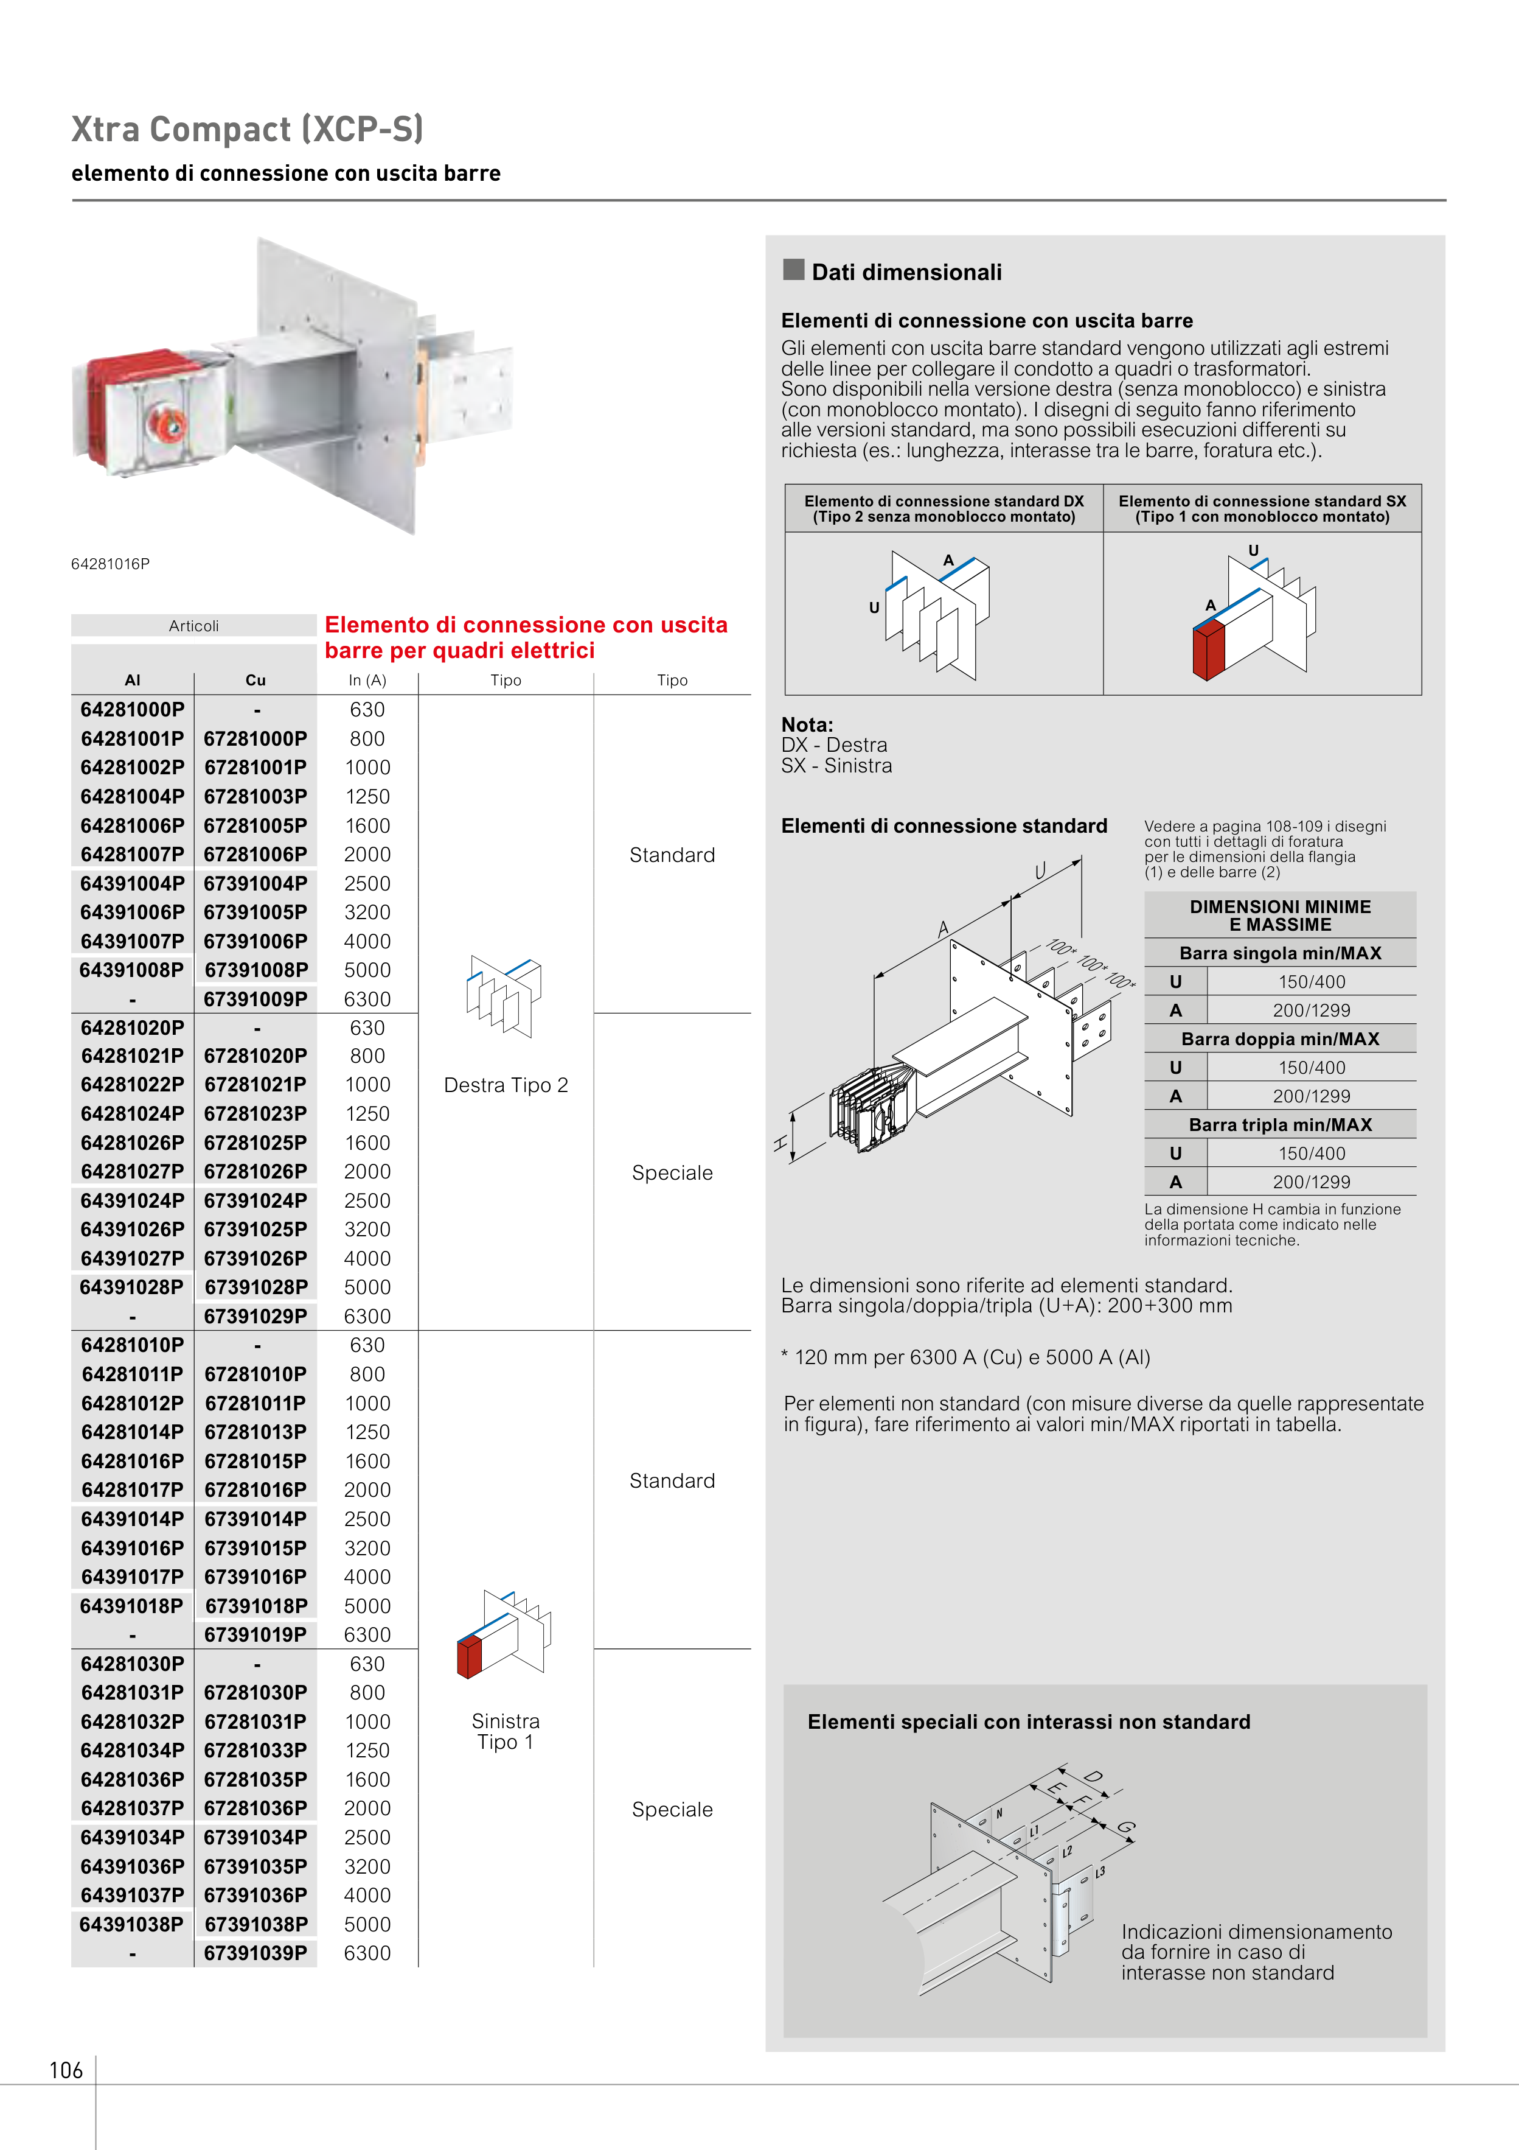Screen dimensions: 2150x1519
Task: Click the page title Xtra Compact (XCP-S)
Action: coord(247,129)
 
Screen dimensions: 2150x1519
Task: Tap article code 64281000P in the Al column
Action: coord(132,710)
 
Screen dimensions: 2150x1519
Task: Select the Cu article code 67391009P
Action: coord(255,999)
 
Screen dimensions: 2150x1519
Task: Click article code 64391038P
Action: coord(132,1924)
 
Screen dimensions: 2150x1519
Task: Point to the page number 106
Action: coord(66,2070)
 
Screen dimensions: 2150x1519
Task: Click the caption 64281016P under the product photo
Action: coord(111,564)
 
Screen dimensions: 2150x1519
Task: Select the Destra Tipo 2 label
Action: coord(506,1085)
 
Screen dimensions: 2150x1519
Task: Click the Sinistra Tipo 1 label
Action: coord(506,1731)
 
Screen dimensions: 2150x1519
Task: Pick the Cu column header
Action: coord(255,681)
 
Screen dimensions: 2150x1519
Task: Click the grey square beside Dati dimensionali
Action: coord(794,270)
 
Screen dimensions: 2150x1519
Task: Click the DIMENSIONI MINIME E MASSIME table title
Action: coord(1279,916)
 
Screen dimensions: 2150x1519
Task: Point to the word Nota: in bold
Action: coord(807,725)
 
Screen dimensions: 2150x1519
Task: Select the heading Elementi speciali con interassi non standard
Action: coord(1029,1722)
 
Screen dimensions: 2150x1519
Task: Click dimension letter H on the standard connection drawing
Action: coord(780,1143)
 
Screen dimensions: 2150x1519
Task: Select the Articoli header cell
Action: coord(193,626)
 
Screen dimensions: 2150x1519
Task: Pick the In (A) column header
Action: coord(367,681)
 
